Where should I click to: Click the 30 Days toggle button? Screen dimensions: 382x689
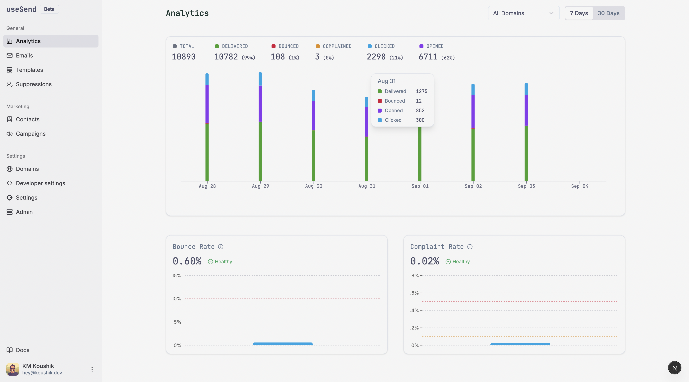(608, 13)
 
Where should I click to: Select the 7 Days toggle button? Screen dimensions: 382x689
(579, 13)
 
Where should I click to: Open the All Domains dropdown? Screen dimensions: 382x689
(524, 13)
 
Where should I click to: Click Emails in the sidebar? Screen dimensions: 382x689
(24, 55)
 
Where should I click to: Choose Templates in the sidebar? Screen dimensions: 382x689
(30, 70)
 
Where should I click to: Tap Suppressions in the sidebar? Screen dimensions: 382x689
(34, 84)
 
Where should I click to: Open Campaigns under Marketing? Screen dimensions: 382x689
(31, 134)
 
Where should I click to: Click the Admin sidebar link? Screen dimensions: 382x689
(24, 212)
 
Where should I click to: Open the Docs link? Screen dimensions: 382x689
(23, 350)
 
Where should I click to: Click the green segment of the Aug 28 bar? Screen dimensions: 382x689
(207, 153)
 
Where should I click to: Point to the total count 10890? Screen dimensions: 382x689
(184, 57)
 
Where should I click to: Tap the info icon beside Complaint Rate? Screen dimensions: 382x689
(470, 247)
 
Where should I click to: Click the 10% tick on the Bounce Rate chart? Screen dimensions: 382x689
(176, 299)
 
